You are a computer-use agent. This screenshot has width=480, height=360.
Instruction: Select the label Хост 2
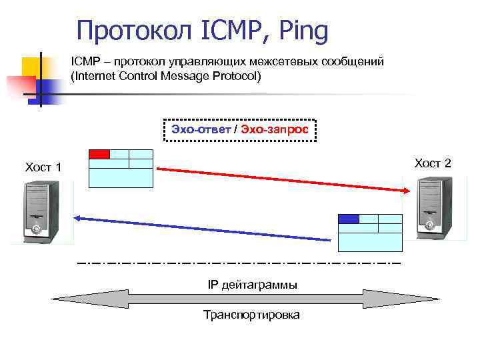433,163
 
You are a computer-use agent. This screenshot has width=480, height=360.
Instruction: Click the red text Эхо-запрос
275,129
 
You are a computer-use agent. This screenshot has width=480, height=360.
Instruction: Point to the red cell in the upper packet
99,154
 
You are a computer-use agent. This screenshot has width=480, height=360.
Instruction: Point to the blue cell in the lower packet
349,219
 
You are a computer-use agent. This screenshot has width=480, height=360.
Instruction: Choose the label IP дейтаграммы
253,285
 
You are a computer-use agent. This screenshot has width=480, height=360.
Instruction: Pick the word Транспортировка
251,315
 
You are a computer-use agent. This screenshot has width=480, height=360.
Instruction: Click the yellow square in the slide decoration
30,67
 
